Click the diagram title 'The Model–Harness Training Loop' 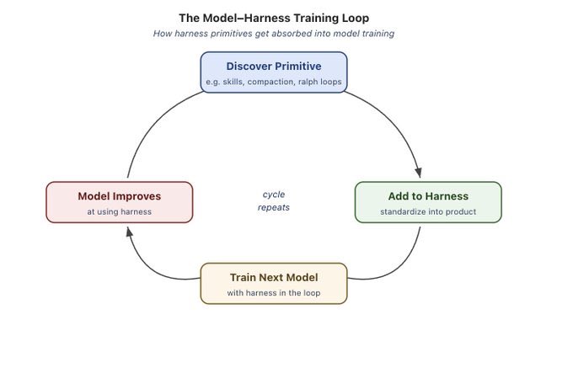coord(273,18)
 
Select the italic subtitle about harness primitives coord(273,34)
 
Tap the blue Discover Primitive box coord(273,72)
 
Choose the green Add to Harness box coord(428,202)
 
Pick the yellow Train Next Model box coord(273,284)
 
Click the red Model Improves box coord(119,202)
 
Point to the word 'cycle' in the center coord(274,195)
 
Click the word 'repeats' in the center coord(274,207)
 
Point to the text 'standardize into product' coord(428,211)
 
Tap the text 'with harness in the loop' coord(273,293)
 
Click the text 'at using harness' coord(119,211)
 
